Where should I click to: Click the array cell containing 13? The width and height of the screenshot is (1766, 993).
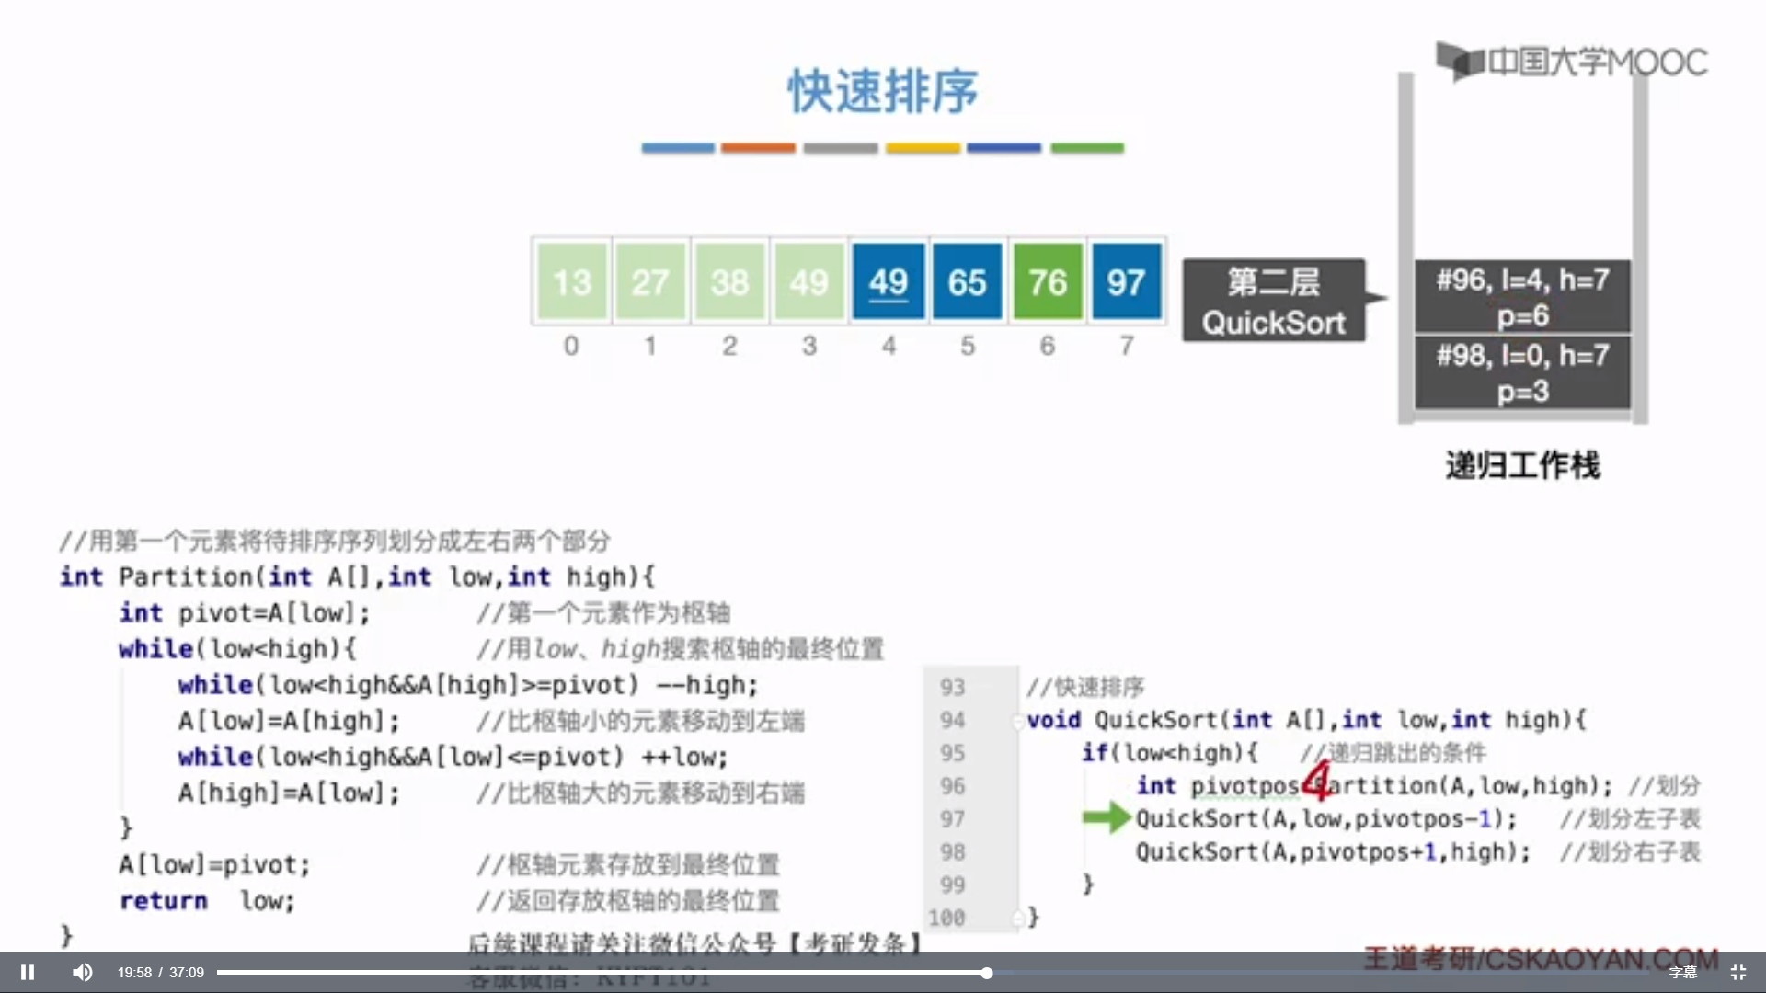pos(571,281)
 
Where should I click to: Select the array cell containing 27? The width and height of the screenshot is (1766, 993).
pos(650,281)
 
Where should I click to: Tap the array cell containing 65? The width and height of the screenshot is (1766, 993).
pos(967,281)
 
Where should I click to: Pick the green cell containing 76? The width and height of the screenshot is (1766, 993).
pos(1048,281)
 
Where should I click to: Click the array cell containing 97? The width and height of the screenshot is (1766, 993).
pos(1126,281)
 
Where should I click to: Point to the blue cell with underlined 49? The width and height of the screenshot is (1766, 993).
pos(888,281)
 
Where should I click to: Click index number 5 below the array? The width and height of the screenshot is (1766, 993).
pos(968,347)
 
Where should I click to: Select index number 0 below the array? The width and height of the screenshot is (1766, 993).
pos(571,347)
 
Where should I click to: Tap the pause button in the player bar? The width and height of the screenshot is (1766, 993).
pos(28,972)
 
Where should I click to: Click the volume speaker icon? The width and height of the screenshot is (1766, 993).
pos(83,972)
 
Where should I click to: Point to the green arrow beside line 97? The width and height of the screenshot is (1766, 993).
pos(1106,816)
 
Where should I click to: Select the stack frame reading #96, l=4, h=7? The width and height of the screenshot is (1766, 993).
pos(1522,296)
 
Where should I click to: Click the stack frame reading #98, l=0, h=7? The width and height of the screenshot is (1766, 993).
pos(1522,372)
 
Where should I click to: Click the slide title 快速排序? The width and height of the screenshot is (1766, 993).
pos(883,91)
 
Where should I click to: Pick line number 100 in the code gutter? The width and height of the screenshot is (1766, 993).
pos(946,918)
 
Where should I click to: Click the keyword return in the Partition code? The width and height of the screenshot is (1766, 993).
pos(163,901)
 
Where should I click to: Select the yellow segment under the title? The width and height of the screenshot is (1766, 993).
pos(923,148)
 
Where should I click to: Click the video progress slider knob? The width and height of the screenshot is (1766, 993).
pos(986,973)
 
